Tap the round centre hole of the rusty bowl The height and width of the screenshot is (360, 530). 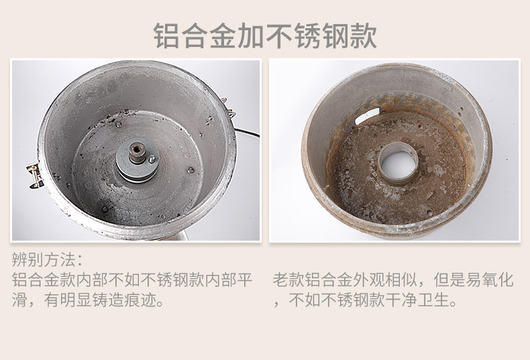[x=398, y=163]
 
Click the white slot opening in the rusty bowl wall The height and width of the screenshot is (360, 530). [x=368, y=115]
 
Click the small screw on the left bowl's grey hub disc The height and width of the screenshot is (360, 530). [x=153, y=158]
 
